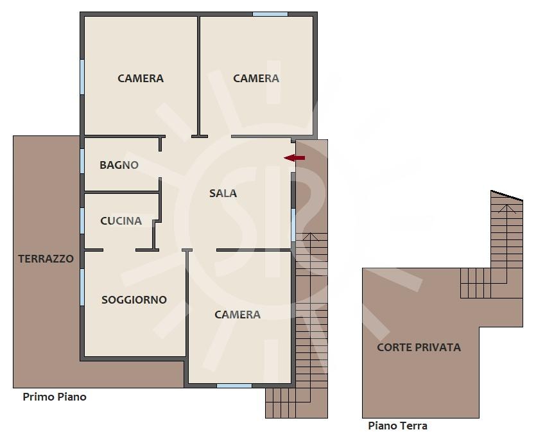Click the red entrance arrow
pyautogui.click(x=295, y=158)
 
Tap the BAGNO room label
pyautogui.click(x=119, y=165)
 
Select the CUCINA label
pyautogui.click(x=121, y=221)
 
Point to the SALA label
pyautogui.click(x=223, y=193)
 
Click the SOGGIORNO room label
pyautogui.click(x=134, y=300)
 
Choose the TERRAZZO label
pyautogui.click(x=46, y=259)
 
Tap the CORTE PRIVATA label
pyautogui.click(x=419, y=347)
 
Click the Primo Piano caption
pyautogui.click(x=55, y=397)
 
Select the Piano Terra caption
pyautogui.click(x=397, y=426)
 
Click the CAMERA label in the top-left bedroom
pyautogui.click(x=141, y=78)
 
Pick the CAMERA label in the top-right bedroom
pyautogui.click(x=256, y=78)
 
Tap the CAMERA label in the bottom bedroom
pyautogui.click(x=238, y=315)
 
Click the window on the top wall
pyautogui.click(x=270, y=14)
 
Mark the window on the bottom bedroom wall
pyautogui.click(x=234, y=386)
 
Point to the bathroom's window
pyautogui.click(x=82, y=161)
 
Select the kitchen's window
pyautogui.click(x=82, y=221)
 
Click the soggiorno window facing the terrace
pyautogui.click(x=82, y=287)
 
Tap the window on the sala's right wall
pyautogui.click(x=293, y=225)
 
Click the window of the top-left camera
pyautogui.click(x=82, y=77)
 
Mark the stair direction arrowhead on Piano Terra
pyautogui.click(x=507, y=208)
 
